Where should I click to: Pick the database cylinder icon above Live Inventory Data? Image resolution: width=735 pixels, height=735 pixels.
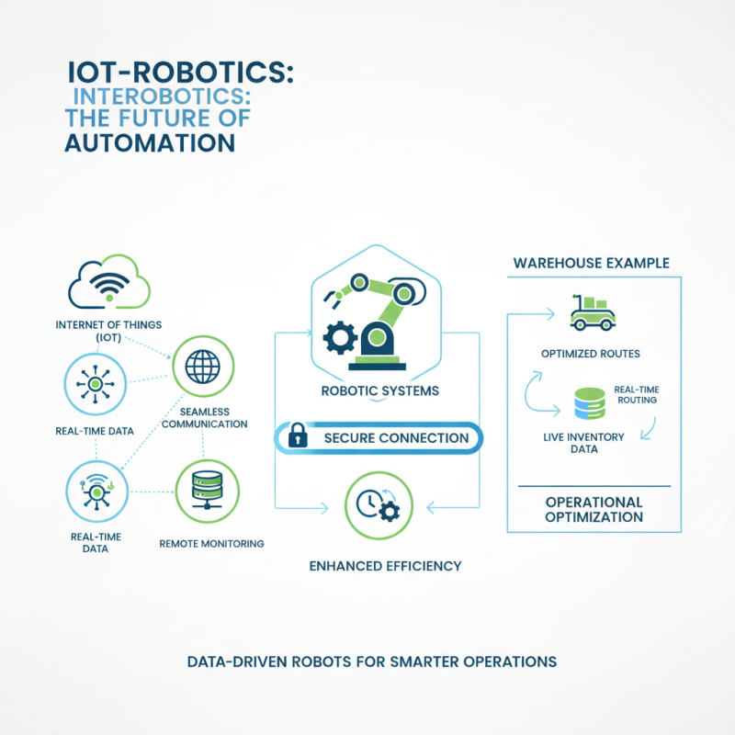588,403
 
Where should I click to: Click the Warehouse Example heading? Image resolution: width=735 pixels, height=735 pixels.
591,264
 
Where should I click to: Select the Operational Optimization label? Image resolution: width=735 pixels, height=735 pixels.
594,510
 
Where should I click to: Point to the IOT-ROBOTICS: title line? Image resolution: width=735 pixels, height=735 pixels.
180,73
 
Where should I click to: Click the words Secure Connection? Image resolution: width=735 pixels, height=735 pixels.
396,438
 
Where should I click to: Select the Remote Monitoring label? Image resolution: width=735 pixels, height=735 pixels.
211,544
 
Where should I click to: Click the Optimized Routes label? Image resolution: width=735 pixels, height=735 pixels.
592,353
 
